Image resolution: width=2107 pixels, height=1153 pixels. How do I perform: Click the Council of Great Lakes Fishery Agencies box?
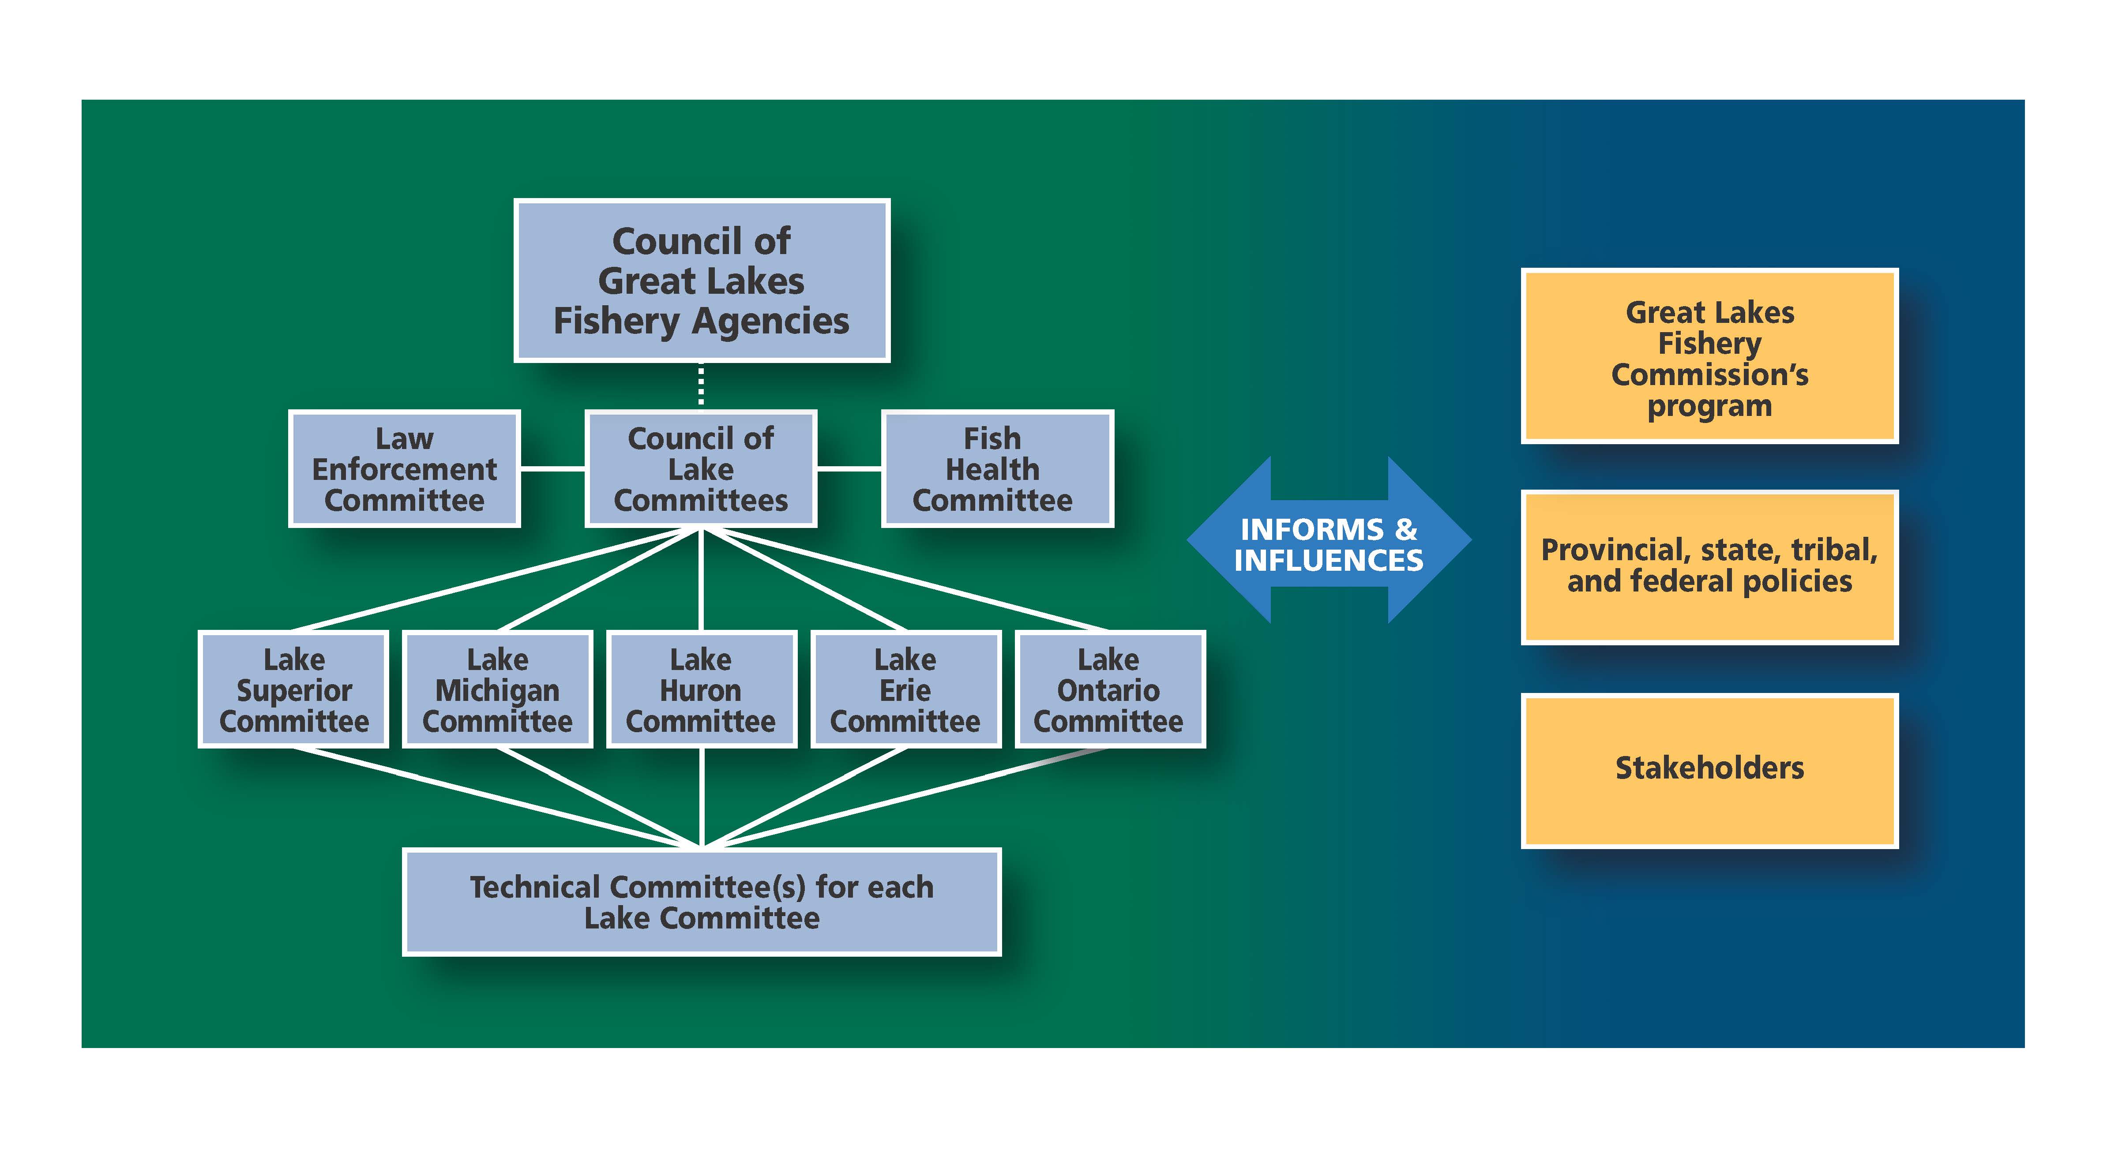coord(702,281)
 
